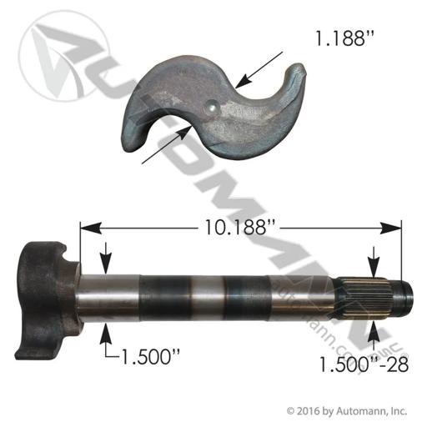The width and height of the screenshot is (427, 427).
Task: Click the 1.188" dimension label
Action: (345, 38)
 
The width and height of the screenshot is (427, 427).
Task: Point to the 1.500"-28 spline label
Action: (364, 364)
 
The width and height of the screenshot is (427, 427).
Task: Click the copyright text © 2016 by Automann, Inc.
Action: (347, 411)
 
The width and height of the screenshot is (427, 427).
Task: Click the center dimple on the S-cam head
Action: (211, 106)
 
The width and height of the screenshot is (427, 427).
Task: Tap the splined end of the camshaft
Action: (367, 298)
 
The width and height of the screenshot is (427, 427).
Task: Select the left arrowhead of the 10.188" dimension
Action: (90, 228)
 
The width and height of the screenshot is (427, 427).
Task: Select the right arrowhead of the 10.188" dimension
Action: (391, 228)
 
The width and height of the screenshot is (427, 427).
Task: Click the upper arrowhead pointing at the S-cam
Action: (244, 80)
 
